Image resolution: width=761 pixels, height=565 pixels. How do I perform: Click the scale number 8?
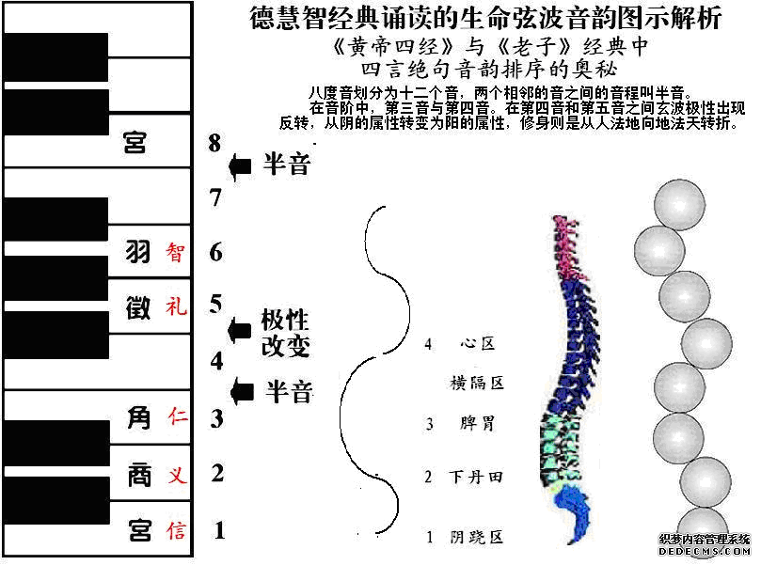tap(215, 143)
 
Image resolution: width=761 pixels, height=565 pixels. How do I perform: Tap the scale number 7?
tap(215, 198)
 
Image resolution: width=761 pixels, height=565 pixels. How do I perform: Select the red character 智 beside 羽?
tap(176, 252)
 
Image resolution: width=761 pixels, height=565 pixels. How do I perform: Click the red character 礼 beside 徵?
tap(176, 306)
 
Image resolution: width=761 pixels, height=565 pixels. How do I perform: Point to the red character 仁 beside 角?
tap(176, 416)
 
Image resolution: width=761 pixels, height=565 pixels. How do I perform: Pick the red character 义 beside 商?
tap(176, 476)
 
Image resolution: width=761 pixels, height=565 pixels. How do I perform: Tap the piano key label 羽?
tap(138, 252)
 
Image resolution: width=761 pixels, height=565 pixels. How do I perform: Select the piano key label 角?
tap(138, 416)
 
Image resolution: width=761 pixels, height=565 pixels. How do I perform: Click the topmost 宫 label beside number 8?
tap(136, 144)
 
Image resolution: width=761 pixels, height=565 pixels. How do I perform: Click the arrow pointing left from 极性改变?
tap(241, 330)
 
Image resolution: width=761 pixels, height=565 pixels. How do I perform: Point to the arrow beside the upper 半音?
tap(241, 166)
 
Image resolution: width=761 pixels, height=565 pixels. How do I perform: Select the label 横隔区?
tap(478, 383)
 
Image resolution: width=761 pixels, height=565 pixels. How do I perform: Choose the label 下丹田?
tap(476, 478)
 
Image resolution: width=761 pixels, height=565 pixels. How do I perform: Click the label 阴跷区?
tap(477, 538)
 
